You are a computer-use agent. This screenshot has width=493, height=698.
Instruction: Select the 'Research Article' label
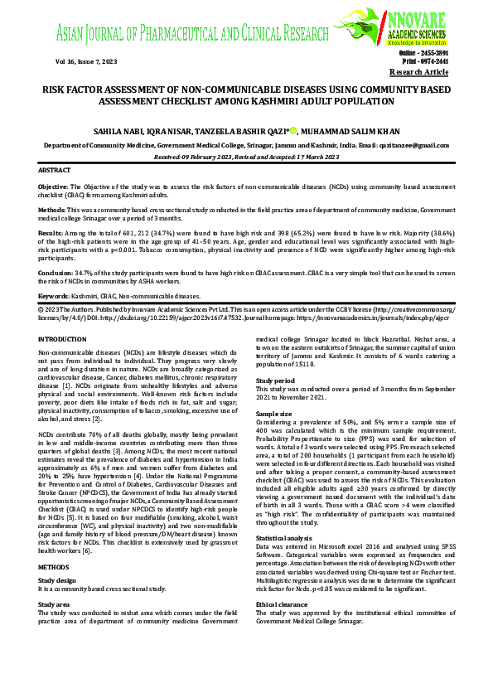[x=424, y=73]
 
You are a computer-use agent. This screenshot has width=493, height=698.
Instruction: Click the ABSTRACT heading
[x=56, y=169]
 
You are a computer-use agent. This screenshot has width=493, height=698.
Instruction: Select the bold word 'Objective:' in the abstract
[x=54, y=188]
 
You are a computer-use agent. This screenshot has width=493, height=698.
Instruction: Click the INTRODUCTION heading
[x=62, y=340]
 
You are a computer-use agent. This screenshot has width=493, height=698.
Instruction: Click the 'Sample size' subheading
[x=273, y=412]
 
